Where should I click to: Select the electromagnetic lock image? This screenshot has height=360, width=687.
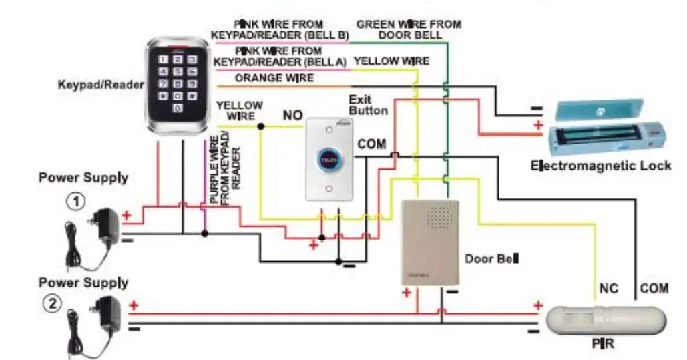(607, 128)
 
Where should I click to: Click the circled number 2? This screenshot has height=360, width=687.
(52, 304)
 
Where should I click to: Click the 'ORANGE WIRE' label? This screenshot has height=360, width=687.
(274, 79)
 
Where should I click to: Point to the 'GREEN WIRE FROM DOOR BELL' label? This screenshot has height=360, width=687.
(409, 29)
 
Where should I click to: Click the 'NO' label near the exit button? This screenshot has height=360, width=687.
(292, 116)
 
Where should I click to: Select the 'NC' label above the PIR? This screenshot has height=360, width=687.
(608, 289)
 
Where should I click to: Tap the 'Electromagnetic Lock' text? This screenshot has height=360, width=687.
(600, 165)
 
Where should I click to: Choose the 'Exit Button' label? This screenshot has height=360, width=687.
(368, 105)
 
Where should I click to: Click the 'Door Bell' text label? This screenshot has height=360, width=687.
(492, 258)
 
